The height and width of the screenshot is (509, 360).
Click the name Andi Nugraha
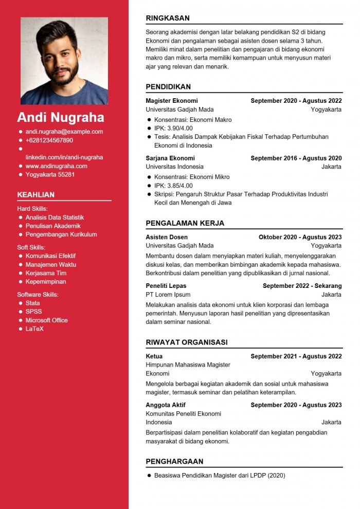click(x=61, y=117)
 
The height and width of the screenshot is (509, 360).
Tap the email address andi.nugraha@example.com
click(x=64, y=132)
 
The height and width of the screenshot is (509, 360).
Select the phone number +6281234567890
click(x=49, y=140)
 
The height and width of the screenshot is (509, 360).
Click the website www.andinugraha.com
click(x=57, y=166)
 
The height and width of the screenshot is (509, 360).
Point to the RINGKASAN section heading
click(x=168, y=18)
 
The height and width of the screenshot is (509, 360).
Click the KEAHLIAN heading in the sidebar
click(x=36, y=194)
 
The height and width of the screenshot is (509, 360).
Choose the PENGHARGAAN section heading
click(x=174, y=461)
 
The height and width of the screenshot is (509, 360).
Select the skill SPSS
click(x=34, y=312)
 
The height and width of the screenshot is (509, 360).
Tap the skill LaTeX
click(x=34, y=329)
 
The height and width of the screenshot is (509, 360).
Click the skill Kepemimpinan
click(x=46, y=282)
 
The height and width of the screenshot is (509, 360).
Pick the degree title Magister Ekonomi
click(x=172, y=101)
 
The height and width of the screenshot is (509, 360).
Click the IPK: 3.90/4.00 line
click(x=173, y=128)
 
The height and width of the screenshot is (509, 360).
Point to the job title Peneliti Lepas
click(x=166, y=286)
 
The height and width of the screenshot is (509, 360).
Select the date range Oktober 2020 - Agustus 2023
click(x=300, y=237)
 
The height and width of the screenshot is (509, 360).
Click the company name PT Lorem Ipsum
click(x=168, y=295)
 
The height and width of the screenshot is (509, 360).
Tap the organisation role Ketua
click(x=154, y=356)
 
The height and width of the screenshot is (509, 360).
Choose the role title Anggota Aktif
click(x=166, y=405)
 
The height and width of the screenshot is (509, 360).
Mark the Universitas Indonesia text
click(x=174, y=167)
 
